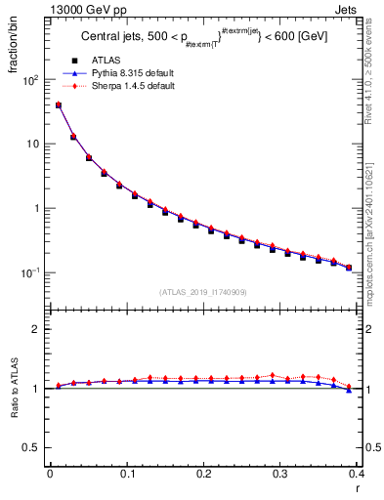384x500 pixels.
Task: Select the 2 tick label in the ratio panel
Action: point(39,329)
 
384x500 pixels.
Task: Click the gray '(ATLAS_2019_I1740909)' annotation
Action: point(202,292)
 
